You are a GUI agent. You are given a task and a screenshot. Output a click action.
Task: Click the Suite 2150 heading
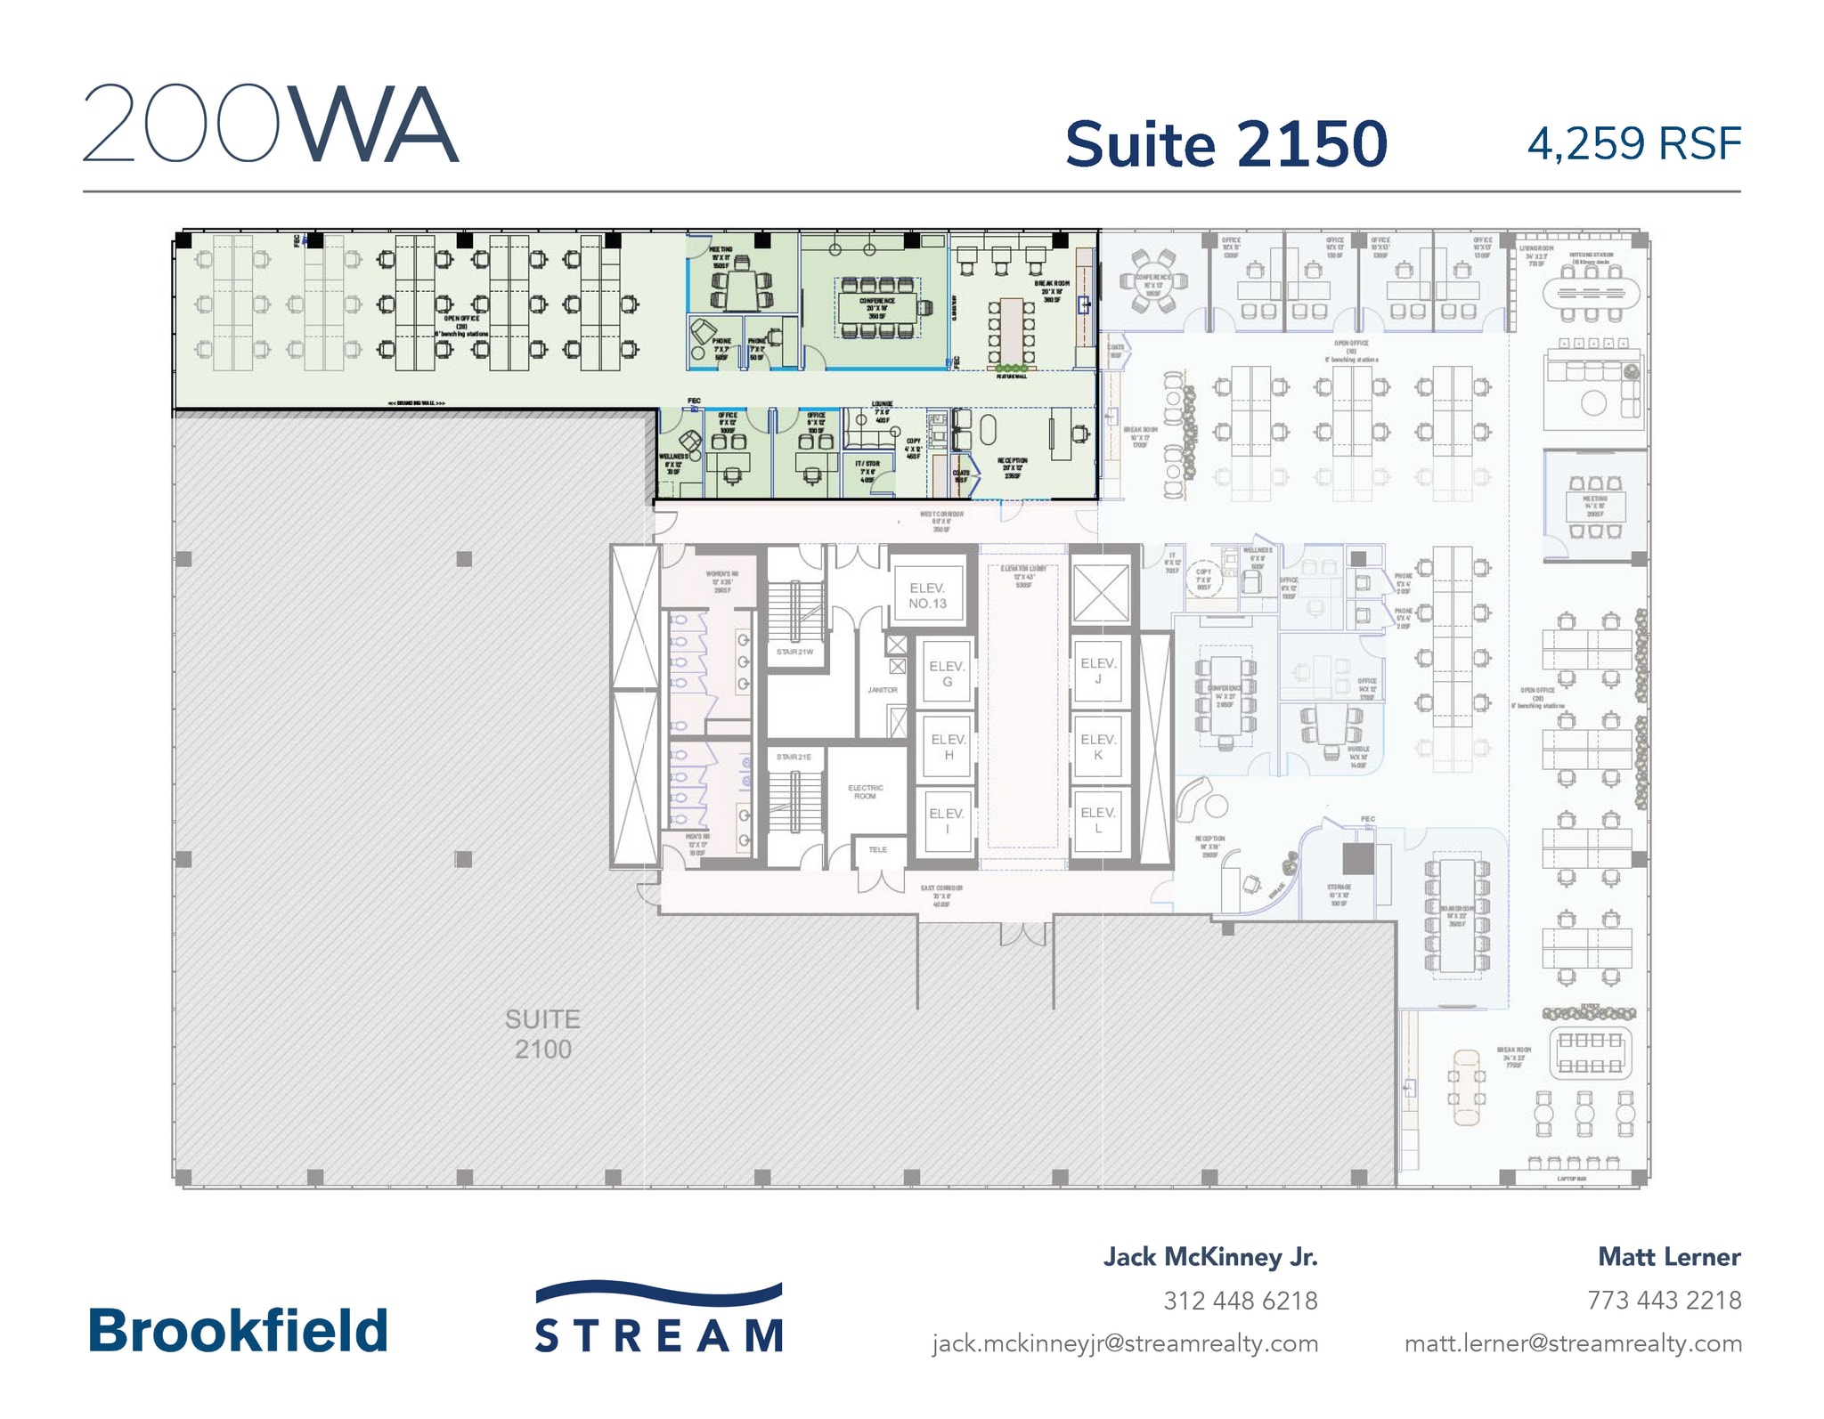1225,145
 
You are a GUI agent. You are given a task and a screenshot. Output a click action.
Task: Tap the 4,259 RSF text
1633,145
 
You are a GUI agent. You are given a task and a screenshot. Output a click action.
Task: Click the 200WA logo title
271,124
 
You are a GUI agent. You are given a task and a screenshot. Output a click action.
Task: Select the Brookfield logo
238,1331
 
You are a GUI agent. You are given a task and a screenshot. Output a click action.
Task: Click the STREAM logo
659,1318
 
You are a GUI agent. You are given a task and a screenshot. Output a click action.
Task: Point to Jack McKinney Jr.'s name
1210,1257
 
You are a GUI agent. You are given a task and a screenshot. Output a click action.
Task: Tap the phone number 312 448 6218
1240,1301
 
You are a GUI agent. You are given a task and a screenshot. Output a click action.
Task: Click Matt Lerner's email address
1573,1343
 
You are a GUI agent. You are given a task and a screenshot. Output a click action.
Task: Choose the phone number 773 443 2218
1664,1301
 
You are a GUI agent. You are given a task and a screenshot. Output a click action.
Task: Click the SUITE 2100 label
542,1034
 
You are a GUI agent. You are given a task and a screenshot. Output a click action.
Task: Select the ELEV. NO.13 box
927,596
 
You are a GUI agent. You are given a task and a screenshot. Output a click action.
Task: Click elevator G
947,674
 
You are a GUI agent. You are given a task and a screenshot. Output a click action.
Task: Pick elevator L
1098,820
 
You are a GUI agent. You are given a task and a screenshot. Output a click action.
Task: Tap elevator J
1098,670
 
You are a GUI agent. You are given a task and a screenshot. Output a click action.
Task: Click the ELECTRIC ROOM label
866,791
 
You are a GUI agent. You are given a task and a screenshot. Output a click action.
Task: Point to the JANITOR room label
883,690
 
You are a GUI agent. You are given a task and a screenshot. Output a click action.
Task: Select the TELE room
878,850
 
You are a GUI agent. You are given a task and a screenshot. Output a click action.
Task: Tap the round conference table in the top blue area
1153,280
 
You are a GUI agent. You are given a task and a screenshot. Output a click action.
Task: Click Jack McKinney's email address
1125,1343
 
